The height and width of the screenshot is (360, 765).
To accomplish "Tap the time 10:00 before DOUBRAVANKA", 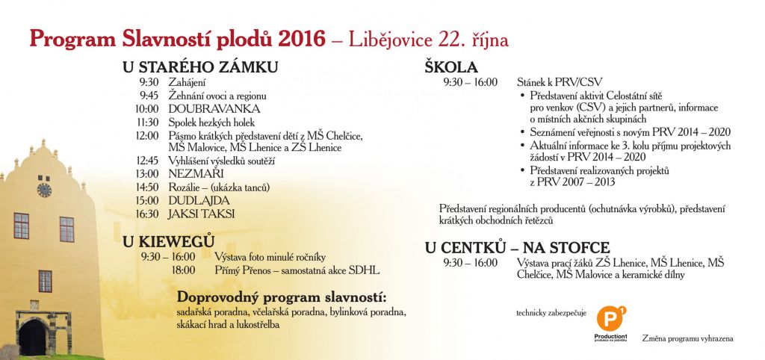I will click(147, 109).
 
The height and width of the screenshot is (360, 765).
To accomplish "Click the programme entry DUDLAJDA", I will click(199, 200).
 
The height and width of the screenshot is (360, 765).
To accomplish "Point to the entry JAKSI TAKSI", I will click(202, 214).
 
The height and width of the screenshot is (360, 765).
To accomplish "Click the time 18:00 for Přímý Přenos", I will click(183, 270).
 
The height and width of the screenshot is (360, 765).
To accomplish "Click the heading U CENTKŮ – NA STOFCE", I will click(518, 247).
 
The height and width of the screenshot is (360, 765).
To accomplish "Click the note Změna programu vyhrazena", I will click(687, 338).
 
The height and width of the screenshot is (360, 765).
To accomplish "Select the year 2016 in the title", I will click(301, 40).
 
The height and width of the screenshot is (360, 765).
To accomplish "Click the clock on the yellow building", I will click(44, 190).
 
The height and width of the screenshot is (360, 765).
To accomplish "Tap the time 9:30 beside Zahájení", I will click(149, 82).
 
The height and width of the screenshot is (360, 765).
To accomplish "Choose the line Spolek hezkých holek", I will click(212, 122).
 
